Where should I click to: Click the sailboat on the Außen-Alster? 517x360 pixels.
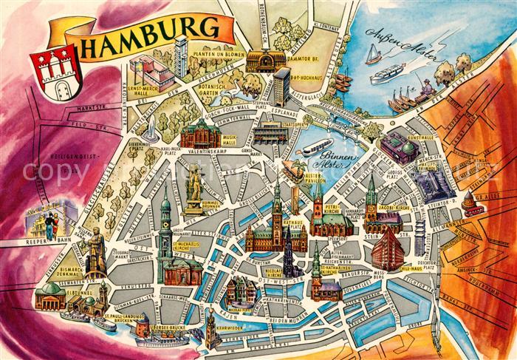[374, 54]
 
